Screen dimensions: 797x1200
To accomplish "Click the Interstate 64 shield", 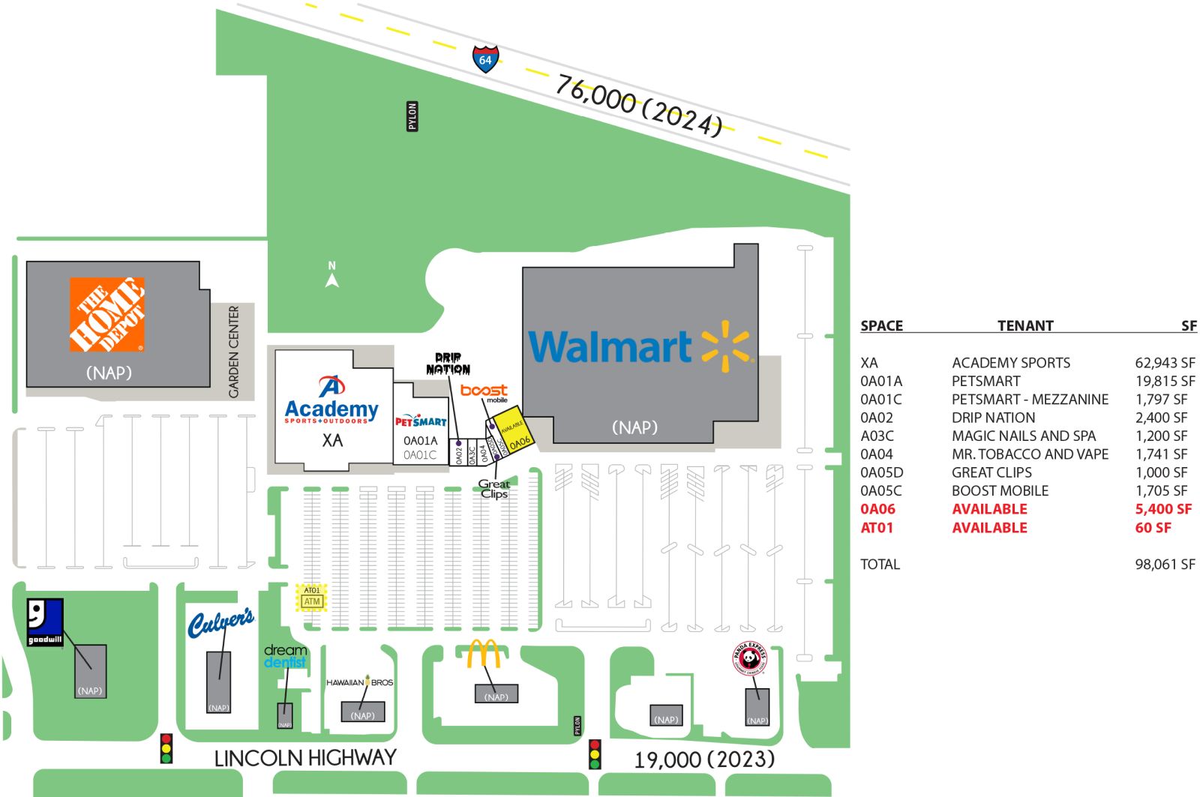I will [485, 58].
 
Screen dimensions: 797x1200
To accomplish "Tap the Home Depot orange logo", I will [106, 315].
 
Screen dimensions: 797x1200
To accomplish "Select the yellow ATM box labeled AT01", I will [311, 598].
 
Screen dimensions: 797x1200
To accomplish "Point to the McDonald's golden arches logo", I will [484, 654].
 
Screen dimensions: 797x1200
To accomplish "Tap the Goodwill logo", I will [45, 622].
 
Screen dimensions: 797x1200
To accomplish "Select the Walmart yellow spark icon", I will [725, 346].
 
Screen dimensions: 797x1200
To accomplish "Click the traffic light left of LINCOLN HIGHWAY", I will [166, 748].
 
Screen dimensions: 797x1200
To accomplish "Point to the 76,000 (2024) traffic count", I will [638, 106].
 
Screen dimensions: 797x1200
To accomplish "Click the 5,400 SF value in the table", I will [1162, 509].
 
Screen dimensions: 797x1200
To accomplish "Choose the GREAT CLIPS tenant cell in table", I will [991, 472].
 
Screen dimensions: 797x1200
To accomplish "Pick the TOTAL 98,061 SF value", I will [1164, 565].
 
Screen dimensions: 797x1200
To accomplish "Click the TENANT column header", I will [1024, 325].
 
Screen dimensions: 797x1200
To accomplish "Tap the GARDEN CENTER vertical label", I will [234, 351].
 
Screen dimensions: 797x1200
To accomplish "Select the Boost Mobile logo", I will [484, 391].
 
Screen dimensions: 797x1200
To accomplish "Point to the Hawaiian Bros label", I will [359, 682].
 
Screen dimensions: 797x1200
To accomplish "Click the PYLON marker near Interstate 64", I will [412, 117].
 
